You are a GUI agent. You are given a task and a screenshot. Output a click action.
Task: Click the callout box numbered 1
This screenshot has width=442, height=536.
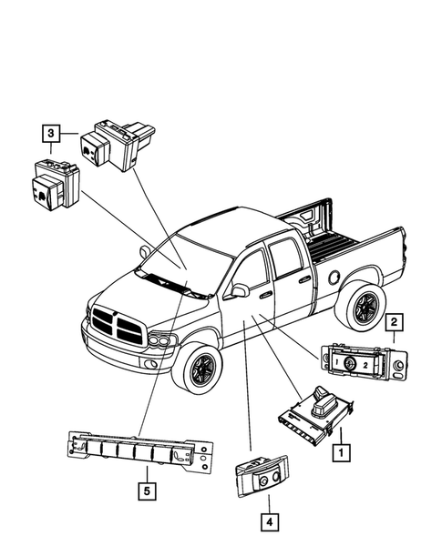pyautogui.click(x=342, y=450)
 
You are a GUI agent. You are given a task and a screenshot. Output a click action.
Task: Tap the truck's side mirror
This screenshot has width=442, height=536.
pyautogui.click(x=242, y=290)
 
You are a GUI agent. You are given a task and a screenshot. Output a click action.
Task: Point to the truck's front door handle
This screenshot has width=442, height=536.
pyautogui.click(x=264, y=296)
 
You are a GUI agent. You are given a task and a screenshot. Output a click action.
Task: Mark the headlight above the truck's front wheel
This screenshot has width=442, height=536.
pyautogui.click(x=163, y=342)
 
